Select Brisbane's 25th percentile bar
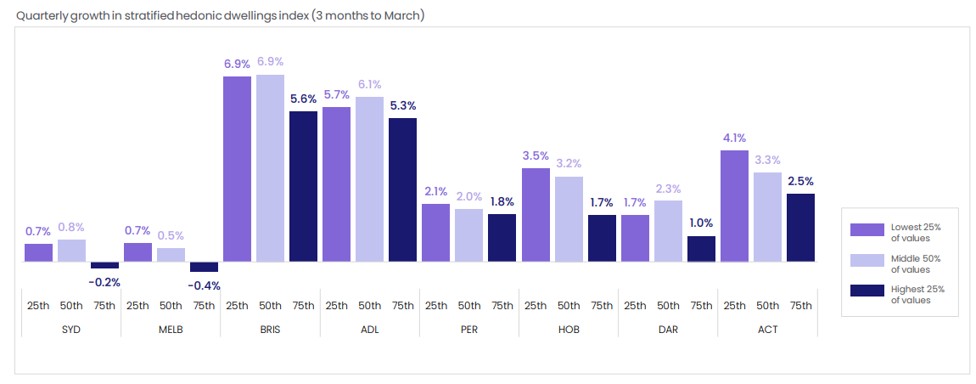point(237,169)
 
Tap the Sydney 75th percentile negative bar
point(104,265)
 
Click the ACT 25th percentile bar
point(734,206)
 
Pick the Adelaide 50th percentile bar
point(369,179)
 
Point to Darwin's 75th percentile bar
point(701,249)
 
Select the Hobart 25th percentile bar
point(536,215)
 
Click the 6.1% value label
point(369,85)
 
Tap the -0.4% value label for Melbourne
point(204,285)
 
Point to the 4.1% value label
point(734,138)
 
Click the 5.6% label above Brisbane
point(303,99)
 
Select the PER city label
point(468,329)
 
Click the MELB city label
point(171,329)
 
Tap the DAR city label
point(668,329)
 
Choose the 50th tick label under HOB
point(569,305)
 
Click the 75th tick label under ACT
point(800,305)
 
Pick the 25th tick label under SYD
point(38,305)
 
